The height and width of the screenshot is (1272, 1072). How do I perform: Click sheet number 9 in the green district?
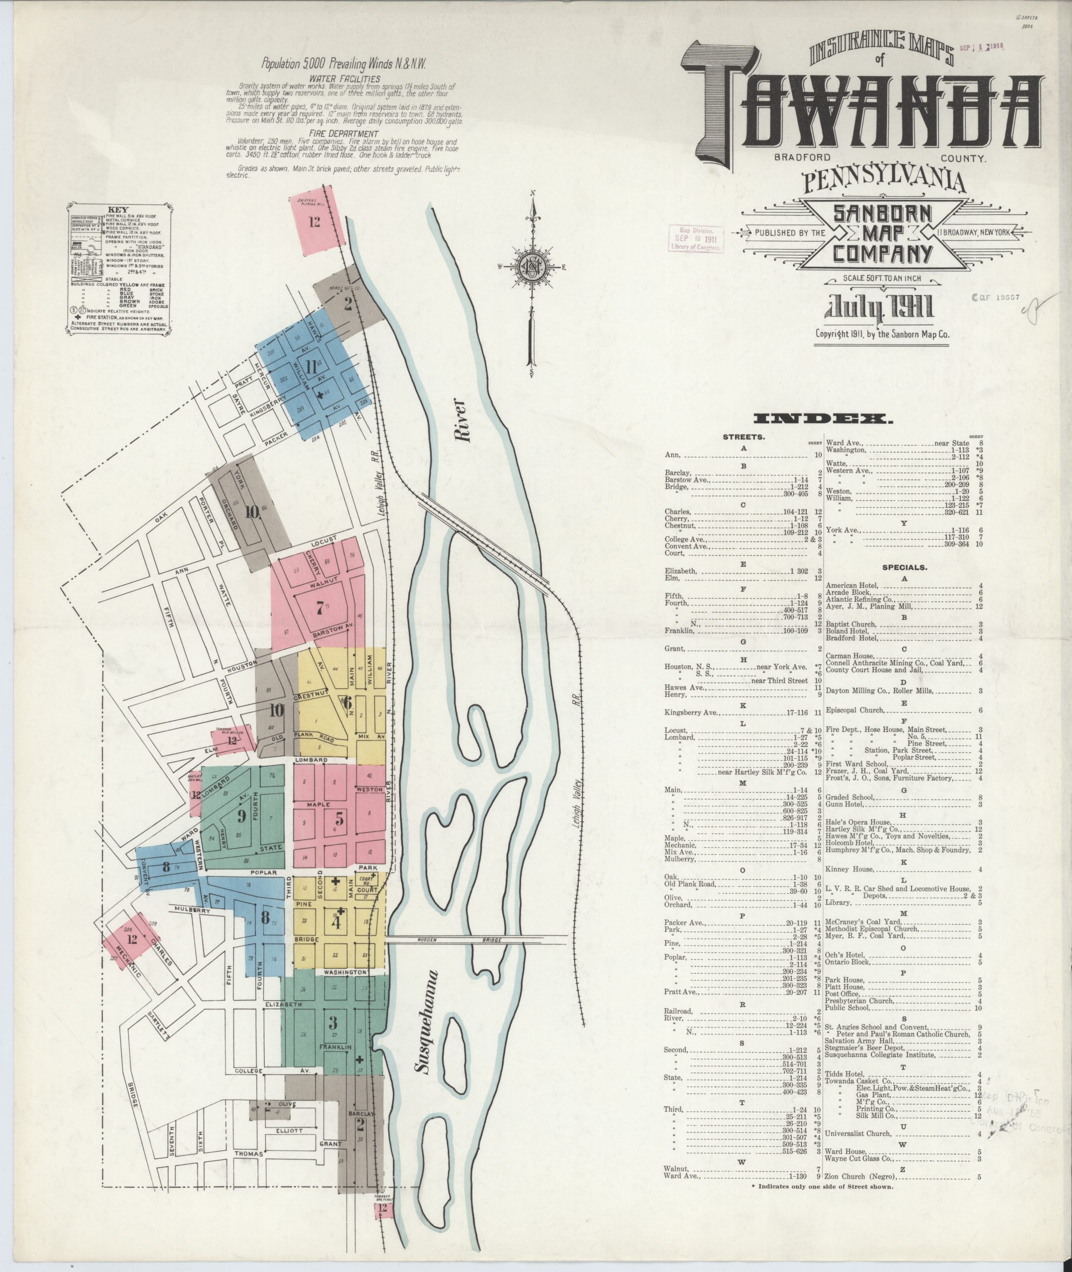(x=241, y=815)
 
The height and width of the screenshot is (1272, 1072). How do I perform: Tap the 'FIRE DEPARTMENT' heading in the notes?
(x=344, y=133)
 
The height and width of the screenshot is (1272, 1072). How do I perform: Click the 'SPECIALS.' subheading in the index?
(x=904, y=567)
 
